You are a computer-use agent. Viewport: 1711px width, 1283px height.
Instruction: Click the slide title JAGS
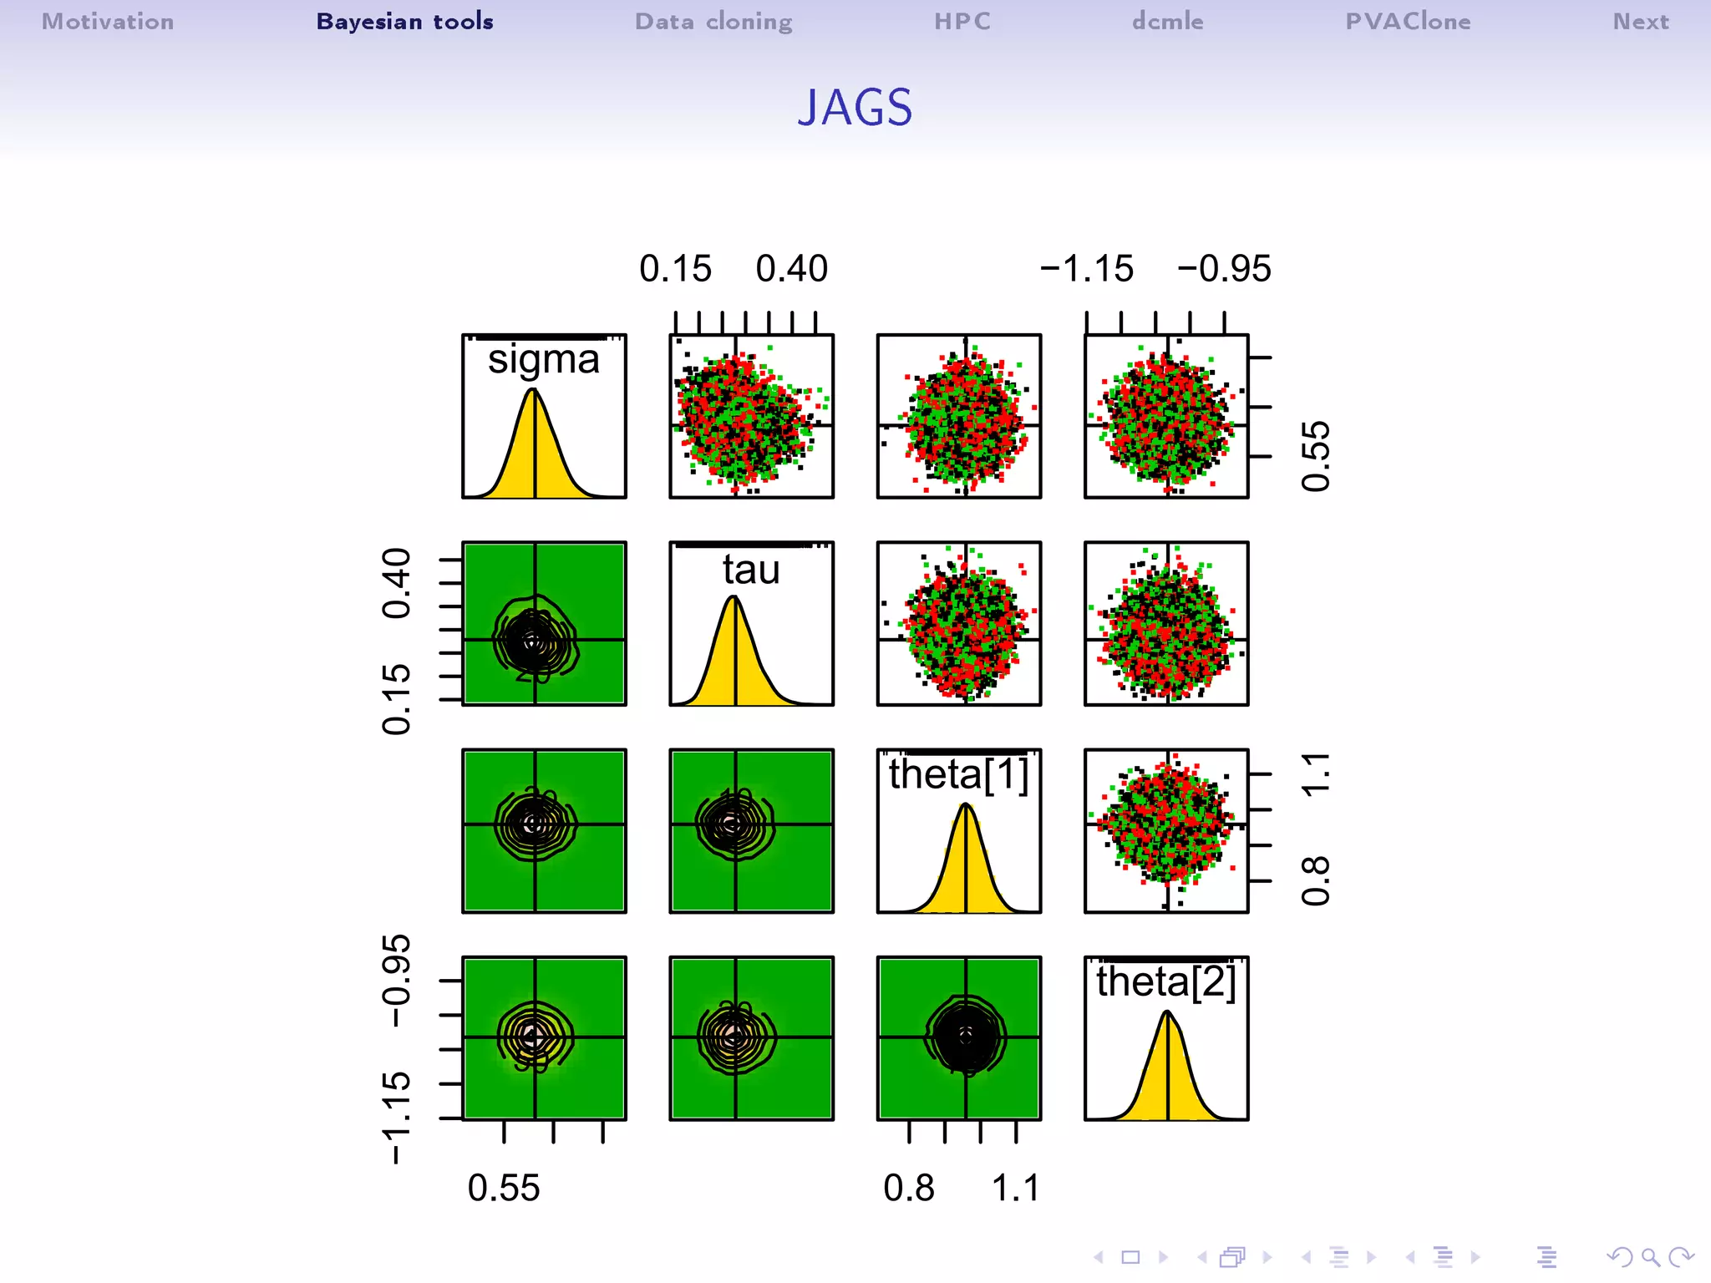point(855,108)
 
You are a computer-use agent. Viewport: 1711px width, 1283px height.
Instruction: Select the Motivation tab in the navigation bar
point(108,22)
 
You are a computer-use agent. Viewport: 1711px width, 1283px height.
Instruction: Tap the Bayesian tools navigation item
point(404,22)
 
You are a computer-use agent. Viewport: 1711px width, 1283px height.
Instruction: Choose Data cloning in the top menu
point(713,22)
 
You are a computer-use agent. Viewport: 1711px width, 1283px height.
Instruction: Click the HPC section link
point(962,22)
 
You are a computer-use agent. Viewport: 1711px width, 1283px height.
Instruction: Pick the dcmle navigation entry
point(1168,22)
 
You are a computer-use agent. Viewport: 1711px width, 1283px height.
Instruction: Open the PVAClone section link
point(1408,22)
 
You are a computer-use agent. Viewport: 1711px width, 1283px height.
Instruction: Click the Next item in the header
point(1641,22)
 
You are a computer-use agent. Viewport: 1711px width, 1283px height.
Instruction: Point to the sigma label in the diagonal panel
point(544,360)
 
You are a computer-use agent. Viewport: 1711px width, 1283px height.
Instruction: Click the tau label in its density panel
point(751,570)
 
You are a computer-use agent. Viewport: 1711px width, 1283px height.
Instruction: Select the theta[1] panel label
point(958,774)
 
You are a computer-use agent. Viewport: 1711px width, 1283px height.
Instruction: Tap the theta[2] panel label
point(1165,981)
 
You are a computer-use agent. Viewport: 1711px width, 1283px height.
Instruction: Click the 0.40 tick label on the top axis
point(791,269)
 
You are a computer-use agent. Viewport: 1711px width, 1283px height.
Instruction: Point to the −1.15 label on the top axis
point(1086,269)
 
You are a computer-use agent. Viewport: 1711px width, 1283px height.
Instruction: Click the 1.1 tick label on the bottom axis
point(1015,1188)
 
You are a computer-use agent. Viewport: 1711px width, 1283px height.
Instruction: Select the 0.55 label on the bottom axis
point(504,1188)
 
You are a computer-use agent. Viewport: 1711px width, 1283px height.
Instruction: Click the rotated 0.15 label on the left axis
point(396,700)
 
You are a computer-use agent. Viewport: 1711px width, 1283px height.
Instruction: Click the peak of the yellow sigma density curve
point(533,391)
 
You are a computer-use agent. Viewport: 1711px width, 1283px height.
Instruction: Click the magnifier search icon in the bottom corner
point(1650,1257)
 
